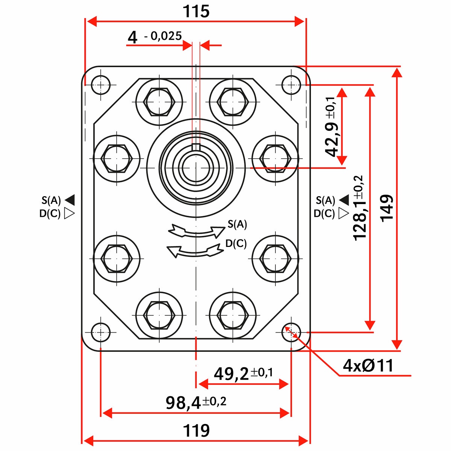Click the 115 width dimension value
(x=196, y=12)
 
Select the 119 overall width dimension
(x=196, y=430)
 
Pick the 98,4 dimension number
(x=183, y=403)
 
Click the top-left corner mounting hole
(x=101, y=85)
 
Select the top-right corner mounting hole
(x=291, y=85)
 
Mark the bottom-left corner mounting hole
(x=101, y=332)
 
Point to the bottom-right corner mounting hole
(x=291, y=332)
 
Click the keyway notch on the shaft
(x=196, y=147)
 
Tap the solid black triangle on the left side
(x=70, y=200)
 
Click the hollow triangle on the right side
(x=344, y=213)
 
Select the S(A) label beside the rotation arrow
(x=237, y=224)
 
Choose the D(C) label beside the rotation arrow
(x=236, y=244)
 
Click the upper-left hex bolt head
(x=159, y=101)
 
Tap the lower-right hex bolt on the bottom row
(x=233, y=315)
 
